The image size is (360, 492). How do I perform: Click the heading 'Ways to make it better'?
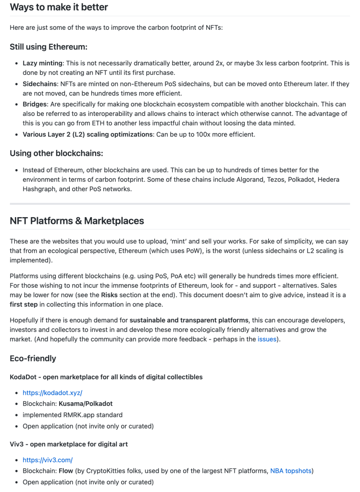(59, 7)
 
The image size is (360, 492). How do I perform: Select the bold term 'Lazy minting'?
(42, 63)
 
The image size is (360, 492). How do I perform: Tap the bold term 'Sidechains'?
(39, 84)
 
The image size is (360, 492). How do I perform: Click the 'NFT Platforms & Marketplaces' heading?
(77, 221)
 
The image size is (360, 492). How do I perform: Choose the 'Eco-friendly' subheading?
(33, 358)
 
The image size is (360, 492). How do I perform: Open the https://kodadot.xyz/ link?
(52, 393)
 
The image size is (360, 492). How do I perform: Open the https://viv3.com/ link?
(48, 460)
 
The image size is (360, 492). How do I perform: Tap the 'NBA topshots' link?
(291, 471)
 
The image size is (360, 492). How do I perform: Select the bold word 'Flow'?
(67, 471)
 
